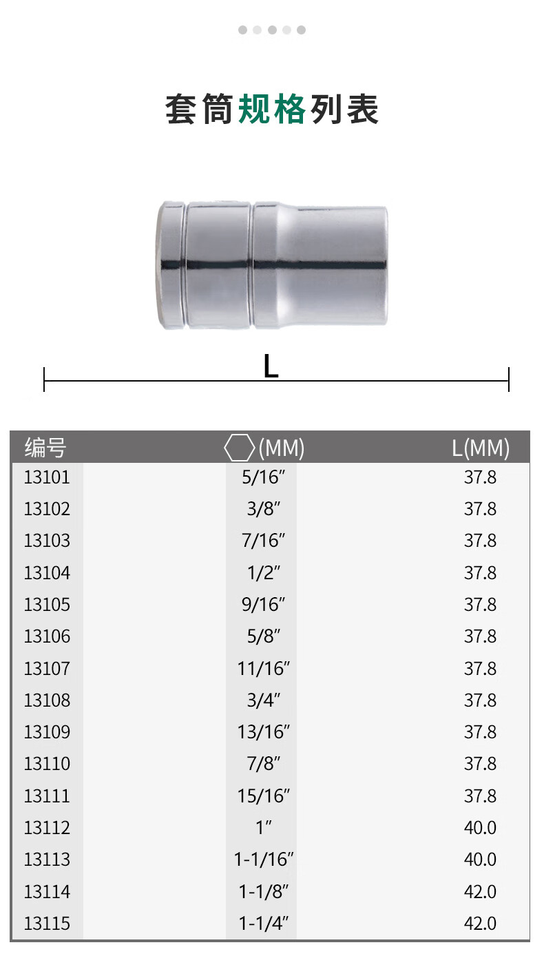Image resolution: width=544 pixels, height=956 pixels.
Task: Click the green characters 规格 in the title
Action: [272, 110]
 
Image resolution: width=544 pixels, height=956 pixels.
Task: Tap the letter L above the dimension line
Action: [271, 366]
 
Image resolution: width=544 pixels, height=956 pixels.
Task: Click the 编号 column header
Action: [45, 448]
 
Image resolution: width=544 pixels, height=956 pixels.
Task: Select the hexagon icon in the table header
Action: [240, 447]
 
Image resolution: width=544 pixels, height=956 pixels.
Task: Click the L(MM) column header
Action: [481, 448]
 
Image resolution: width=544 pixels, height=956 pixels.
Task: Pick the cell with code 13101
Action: [47, 477]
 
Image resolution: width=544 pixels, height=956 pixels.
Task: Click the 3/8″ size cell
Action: [263, 509]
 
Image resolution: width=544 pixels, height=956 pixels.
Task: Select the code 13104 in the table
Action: [47, 573]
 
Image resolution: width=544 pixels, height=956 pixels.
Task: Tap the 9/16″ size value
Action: [263, 604]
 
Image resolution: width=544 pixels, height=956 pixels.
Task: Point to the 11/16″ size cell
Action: [263, 668]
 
